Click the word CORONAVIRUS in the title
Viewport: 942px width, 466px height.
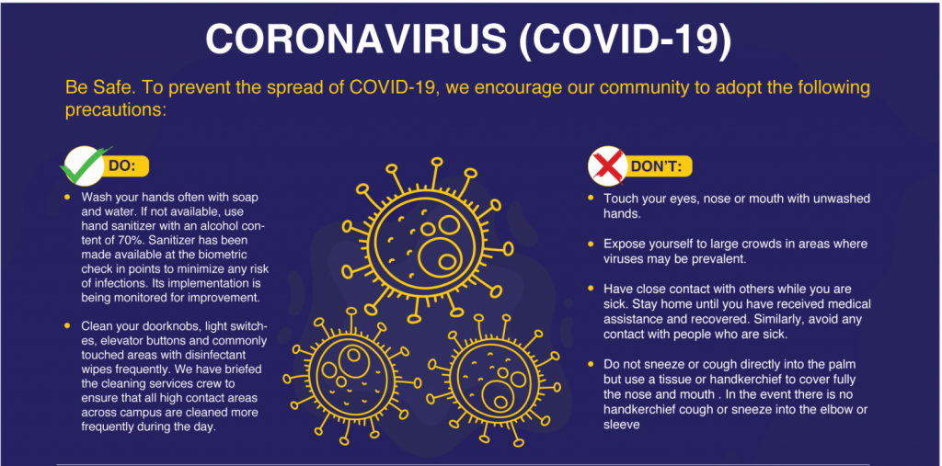355,40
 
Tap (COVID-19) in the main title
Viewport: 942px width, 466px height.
626,40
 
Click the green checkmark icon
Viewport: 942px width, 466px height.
85,165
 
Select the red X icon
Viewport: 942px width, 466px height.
607,165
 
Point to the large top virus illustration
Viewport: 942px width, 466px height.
427,239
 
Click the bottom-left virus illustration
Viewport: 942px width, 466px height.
350,379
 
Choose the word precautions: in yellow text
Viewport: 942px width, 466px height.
115,111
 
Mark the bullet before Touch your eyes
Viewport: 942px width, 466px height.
592,199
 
